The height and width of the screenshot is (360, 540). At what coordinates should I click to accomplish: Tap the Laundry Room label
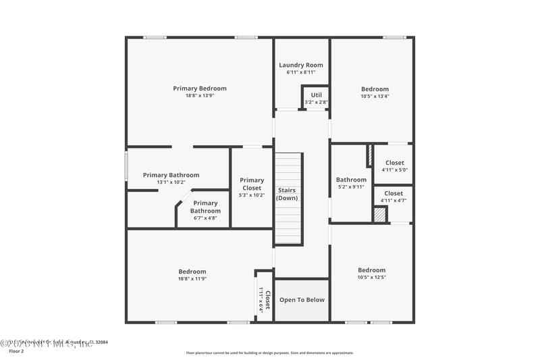click(301, 65)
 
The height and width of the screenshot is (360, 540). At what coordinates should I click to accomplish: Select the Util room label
click(316, 95)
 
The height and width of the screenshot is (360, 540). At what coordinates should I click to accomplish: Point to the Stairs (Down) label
click(287, 194)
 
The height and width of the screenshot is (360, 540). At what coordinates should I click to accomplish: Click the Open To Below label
click(302, 300)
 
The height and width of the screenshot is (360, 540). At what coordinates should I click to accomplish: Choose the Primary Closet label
click(252, 184)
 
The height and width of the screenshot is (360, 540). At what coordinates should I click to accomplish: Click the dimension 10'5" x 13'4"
click(375, 97)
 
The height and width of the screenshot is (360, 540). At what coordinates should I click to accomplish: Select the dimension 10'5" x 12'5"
click(372, 278)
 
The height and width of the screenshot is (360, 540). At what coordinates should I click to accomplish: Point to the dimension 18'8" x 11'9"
click(192, 278)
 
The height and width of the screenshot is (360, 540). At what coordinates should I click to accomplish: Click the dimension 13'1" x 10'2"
click(171, 182)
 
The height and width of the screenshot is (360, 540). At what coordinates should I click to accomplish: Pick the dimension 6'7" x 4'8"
click(205, 218)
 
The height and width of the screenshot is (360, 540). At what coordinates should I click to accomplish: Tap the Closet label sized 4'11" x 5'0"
click(394, 163)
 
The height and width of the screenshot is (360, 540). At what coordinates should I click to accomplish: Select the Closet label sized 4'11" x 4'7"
click(394, 193)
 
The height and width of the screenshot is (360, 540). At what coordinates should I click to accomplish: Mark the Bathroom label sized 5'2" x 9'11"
click(351, 180)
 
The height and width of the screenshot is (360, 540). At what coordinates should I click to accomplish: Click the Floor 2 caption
click(16, 351)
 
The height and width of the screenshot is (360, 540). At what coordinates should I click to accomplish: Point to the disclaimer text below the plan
click(269, 353)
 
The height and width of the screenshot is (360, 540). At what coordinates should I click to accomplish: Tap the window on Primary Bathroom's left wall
click(126, 165)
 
